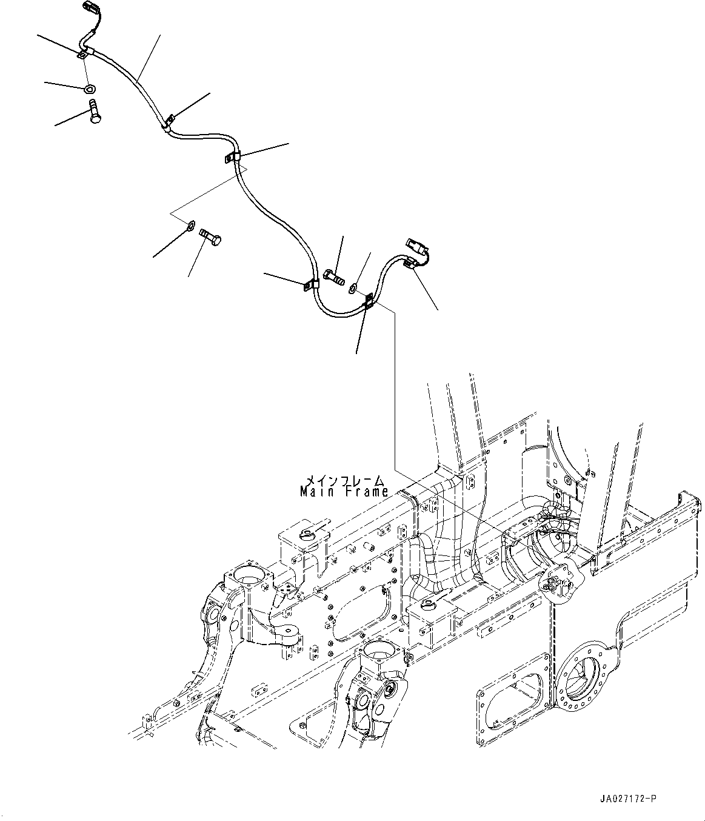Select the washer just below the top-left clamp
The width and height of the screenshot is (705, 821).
(x=90, y=89)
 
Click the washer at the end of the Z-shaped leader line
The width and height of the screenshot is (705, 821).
(x=190, y=227)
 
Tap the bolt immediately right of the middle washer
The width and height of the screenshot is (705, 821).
(x=210, y=237)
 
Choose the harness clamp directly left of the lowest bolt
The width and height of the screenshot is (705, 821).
(x=311, y=283)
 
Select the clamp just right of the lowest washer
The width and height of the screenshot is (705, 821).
(x=368, y=301)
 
